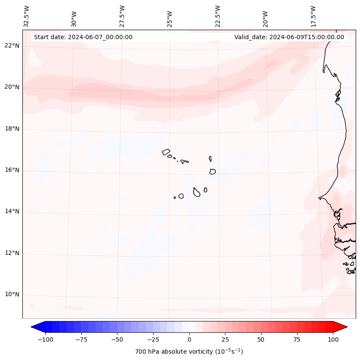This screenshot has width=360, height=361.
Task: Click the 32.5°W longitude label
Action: pyautogui.click(x=27, y=16)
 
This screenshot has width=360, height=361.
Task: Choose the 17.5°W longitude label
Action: pyautogui.click(x=313, y=16)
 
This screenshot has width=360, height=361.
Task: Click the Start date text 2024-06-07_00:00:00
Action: pyautogui.click(x=83, y=37)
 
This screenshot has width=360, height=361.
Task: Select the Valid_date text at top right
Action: pyautogui.click(x=289, y=37)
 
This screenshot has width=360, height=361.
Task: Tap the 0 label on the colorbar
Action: pyautogui.click(x=189, y=339)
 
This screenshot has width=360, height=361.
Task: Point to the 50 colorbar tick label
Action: pyautogui.click(x=261, y=339)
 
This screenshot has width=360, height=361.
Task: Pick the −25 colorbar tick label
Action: pyautogui.click(x=153, y=339)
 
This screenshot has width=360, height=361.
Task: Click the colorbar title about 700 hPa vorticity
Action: pyautogui.click(x=189, y=352)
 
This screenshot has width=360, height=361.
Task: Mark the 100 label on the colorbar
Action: pyautogui.click(x=333, y=339)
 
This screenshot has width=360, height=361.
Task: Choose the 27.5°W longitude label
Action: pyautogui.click(x=122, y=16)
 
